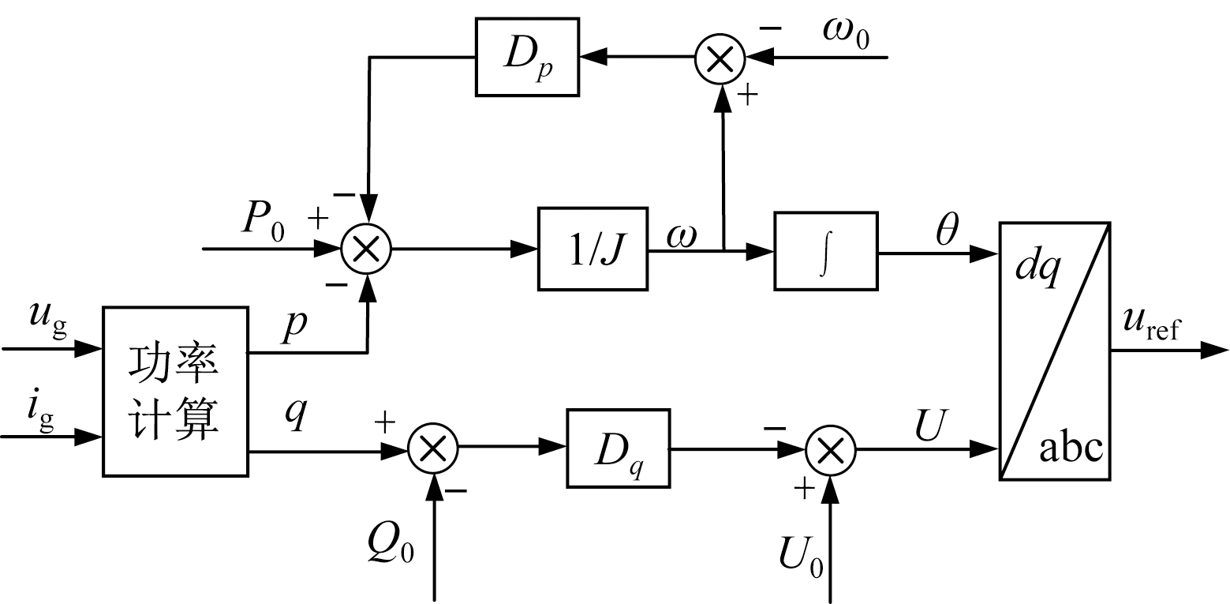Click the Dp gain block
(x=527, y=56)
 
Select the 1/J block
(x=592, y=249)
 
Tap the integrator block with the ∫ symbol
(x=826, y=252)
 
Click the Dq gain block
(x=618, y=448)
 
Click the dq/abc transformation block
(x=1056, y=351)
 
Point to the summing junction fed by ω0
(x=720, y=58)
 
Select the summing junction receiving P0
(x=366, y=249)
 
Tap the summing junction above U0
(x=829, y=450)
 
